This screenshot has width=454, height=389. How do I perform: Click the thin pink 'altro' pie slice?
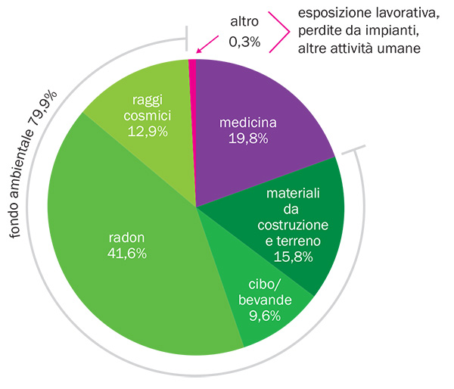pos(193,83)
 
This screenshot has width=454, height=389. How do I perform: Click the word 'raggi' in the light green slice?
pos(148,101)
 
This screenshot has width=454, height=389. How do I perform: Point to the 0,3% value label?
pos(244,42)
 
